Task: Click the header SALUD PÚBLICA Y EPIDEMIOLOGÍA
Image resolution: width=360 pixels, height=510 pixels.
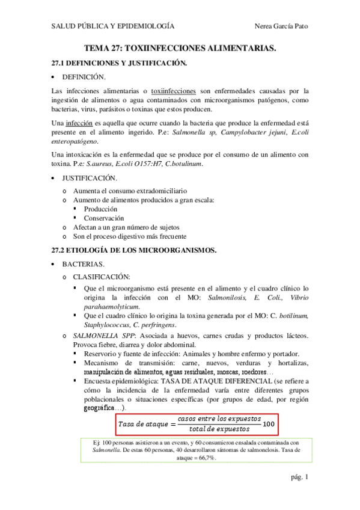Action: coord(112,26)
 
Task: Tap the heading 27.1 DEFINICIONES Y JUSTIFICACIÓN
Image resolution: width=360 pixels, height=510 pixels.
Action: coord(120,63)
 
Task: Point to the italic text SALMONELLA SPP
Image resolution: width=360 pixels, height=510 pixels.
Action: coord(101,334)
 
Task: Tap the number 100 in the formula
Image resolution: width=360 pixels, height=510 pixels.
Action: coord(269,424)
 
